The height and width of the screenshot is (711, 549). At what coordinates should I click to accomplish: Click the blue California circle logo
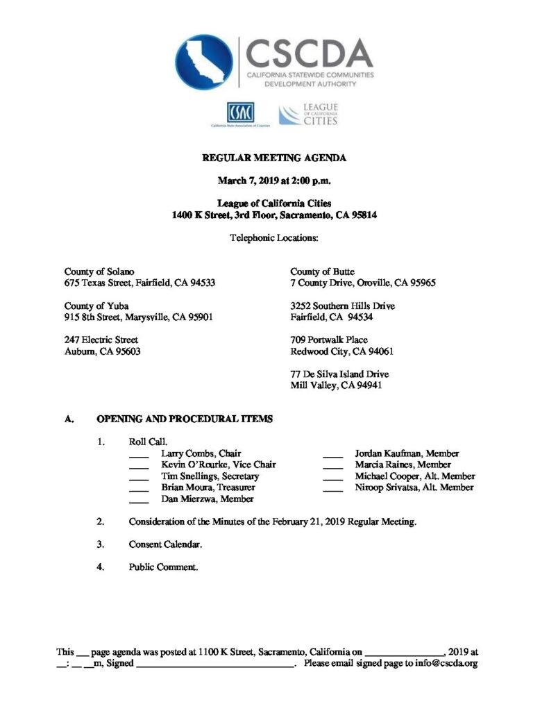click(204, 62)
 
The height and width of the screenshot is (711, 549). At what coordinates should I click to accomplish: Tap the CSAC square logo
click(239, 112)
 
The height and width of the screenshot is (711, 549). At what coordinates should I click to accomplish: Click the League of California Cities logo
click(308, 115)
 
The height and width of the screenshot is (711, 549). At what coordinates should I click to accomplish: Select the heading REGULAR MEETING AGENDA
click(274, 158)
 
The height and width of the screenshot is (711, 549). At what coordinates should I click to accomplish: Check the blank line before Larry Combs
click(139, 455)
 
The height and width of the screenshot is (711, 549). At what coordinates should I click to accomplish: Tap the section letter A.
click(68, 419)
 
